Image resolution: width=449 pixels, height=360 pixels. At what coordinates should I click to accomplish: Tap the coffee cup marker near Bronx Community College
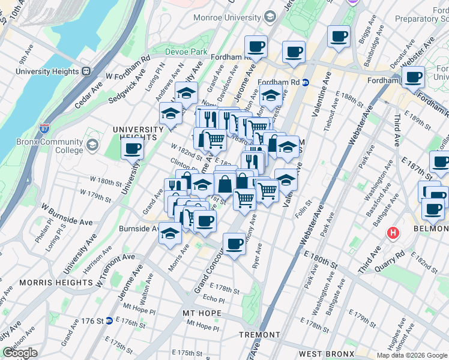tap(132, 149)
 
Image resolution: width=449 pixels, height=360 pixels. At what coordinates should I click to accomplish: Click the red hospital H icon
tap(393, 232)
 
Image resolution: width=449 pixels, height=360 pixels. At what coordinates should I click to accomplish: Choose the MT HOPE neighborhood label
tap(202, 314)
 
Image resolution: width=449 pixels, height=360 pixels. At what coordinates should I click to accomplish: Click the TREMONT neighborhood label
tap(259, 335)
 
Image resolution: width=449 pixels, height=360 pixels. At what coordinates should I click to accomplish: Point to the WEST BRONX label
tap(327, 347)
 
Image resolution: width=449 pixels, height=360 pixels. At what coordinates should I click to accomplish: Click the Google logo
tap(20, 353)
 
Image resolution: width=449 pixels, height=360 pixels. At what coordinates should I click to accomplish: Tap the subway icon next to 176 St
tap(109, 321)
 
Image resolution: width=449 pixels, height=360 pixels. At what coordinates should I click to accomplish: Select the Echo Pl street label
tap(213, 299)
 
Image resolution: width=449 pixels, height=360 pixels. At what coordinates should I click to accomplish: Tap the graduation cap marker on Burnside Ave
tap(170, 233)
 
